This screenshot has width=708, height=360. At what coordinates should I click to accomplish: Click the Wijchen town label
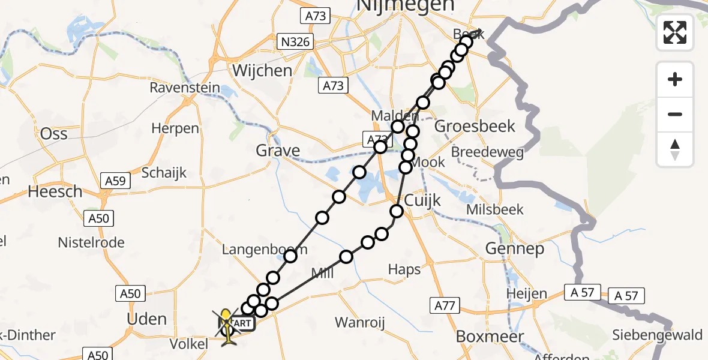262,70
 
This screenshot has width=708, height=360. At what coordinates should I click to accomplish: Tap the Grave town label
278,150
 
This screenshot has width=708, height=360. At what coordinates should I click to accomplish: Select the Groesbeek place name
475,126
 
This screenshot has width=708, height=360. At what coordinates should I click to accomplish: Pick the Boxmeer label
490,336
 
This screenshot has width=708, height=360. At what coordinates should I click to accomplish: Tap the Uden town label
147,319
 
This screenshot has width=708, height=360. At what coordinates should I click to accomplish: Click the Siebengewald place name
657,335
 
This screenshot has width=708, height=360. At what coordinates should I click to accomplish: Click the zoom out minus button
675,114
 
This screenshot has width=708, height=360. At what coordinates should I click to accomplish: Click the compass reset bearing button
675,149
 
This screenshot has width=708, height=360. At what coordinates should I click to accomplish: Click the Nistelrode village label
91,242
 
